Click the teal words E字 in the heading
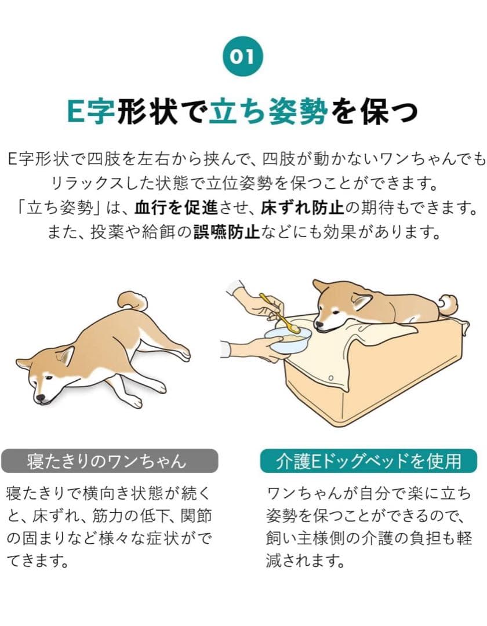tap(90, 111)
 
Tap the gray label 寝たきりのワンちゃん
tap(110, 461)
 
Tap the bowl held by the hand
tap(289, 340)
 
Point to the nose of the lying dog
tap(40, 399)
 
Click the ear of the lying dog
tap(66, 355)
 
